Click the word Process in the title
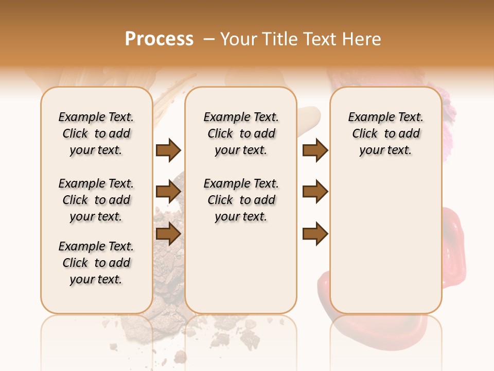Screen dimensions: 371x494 (x=159, y=39)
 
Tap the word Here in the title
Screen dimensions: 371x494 (x=362, y=39)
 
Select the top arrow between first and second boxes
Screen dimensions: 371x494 (x=168, y=150)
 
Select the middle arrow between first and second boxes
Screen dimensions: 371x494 (x=168, y=192)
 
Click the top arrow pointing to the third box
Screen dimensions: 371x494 (x=315, y=150)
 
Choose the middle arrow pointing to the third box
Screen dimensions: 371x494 (x=315, y=192)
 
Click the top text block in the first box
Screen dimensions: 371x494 (x=96, y=133)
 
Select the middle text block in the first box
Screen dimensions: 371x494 (x=96, y=200)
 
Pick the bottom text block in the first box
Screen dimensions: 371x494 (x=96, y=263)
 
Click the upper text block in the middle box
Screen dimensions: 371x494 (x=241, y=133)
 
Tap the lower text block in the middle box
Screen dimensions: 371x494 (x=241, y=200)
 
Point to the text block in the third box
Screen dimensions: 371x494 (x=385, y=133)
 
